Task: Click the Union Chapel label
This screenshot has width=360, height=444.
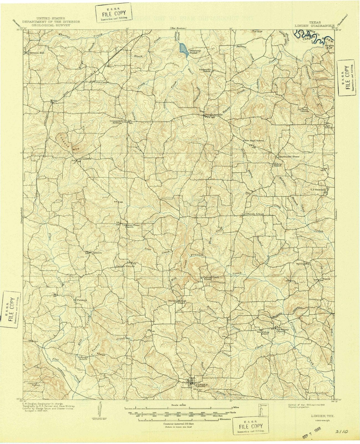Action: pos(101,82)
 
